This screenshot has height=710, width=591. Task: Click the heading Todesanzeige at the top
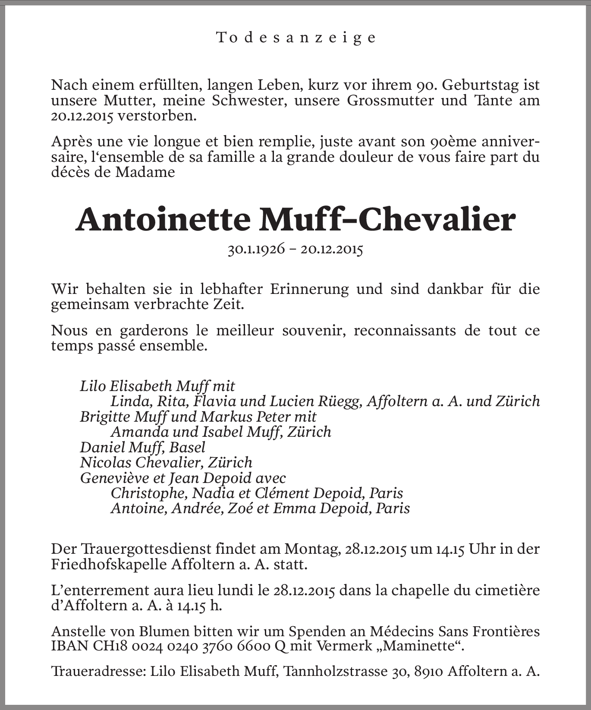(296, 38)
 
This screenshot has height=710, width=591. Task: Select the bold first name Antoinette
(163, 220)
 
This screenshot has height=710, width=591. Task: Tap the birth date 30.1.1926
(256, 249)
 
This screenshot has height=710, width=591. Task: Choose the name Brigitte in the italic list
(105, 417)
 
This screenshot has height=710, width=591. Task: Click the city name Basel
(187, 447)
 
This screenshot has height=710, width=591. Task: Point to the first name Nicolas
(106, 462)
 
